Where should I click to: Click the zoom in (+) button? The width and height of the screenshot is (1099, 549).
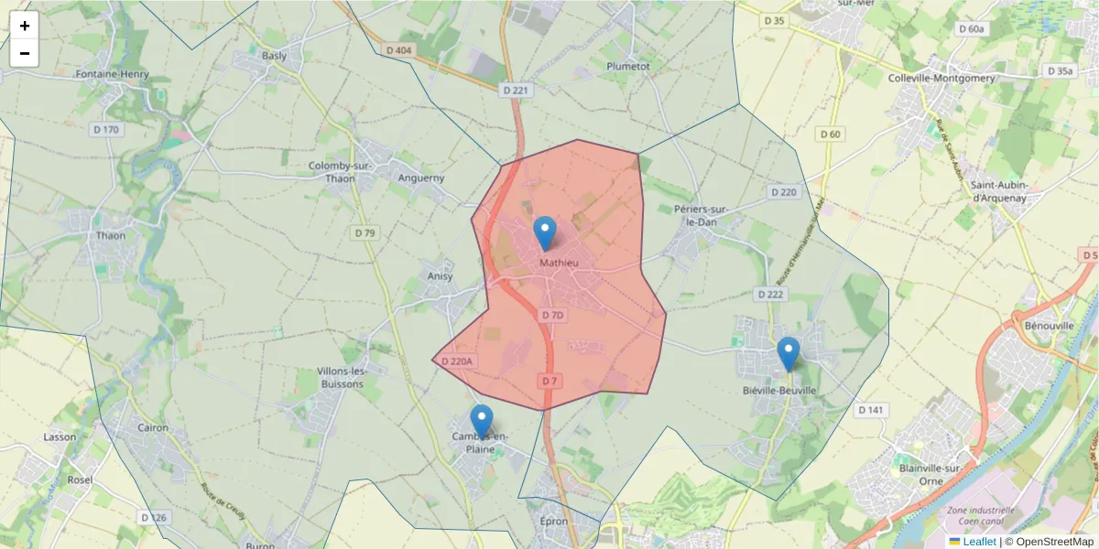25,26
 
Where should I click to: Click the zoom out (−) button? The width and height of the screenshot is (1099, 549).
25,53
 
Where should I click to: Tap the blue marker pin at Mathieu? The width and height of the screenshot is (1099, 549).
545,233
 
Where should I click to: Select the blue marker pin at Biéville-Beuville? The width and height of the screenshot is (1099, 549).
788,354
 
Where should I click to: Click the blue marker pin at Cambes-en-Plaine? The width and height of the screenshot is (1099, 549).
482,422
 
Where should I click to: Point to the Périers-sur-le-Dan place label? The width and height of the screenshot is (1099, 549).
706,215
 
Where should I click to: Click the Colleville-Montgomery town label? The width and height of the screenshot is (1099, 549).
941,79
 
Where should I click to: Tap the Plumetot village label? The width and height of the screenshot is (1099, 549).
628,67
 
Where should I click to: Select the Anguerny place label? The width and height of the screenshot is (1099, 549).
421,178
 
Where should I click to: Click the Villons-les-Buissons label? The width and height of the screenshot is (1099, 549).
341,377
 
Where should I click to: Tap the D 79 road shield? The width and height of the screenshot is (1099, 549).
365,233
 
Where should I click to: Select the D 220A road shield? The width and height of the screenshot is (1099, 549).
456,361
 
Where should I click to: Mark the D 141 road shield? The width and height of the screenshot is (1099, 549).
871,410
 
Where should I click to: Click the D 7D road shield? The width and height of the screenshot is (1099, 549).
553,315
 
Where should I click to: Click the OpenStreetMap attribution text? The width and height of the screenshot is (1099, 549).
1054,542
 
